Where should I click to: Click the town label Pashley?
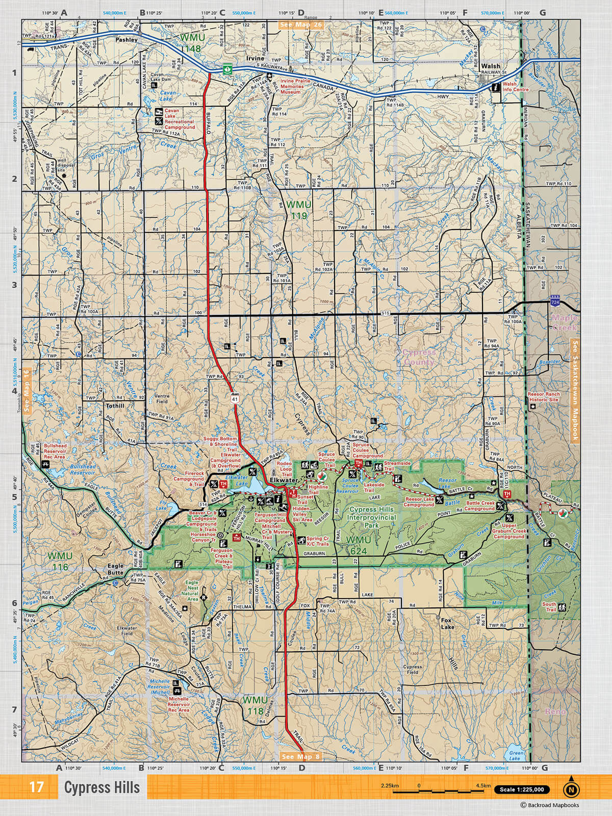tap(126, 39)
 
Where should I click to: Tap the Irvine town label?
tap(255, 59)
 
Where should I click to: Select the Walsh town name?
tap(491, 66)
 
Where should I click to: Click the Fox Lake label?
tap(447, 623)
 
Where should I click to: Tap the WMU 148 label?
tap(191, 43)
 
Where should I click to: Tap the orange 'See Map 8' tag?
tap(301, 756)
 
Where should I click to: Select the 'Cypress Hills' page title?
tap(101, 787)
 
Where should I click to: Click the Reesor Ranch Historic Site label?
tap(544, 397)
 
